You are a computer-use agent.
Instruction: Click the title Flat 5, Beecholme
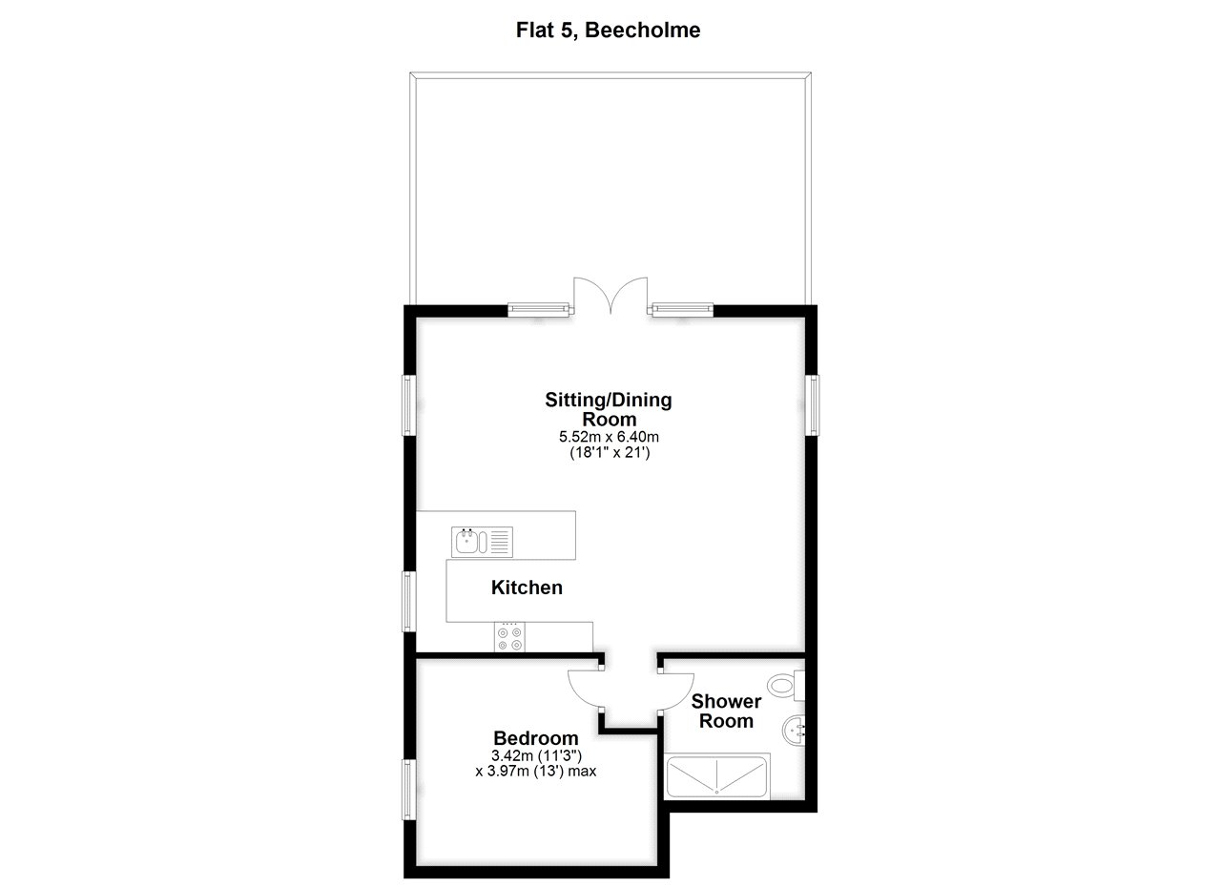point(609,31)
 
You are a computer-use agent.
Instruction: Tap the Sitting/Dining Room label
point(609,409)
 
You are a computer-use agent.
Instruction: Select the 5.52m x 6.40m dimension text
point(610,437)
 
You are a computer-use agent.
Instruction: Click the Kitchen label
point(527,588)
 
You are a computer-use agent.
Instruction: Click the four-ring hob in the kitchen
point(509,637)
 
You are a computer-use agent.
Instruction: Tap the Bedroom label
point(535,738)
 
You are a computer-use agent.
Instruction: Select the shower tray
point(715,776)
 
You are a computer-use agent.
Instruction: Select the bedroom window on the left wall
point(407,788)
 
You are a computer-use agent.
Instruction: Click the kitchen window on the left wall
point(407,600)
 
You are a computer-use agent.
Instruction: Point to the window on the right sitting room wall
point(813,404)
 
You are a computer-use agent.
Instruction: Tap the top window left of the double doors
point(538,308)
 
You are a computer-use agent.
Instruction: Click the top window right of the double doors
point(682,308)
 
